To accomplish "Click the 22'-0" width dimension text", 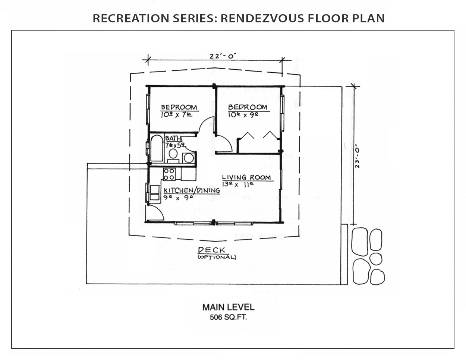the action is [x=223, y=56].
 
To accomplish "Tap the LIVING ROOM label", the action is [x=246, y=177].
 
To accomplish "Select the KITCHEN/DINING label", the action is [x=192, y=190].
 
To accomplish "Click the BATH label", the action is [x=173, y=138].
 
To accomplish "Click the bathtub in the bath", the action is [x=157, y=148].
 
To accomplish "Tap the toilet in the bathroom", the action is [x=173, y=155].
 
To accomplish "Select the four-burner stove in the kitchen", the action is [x=169, y=174].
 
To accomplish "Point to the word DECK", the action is [x=211, y=250].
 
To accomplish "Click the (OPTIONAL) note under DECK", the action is [x=217, y=257].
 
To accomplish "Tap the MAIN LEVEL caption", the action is [x=229, y=307].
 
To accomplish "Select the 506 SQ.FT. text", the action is [x=229, y=317].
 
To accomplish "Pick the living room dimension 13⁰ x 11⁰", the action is [x=237, y=184].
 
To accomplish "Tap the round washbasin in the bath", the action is [x=189, y=158].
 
